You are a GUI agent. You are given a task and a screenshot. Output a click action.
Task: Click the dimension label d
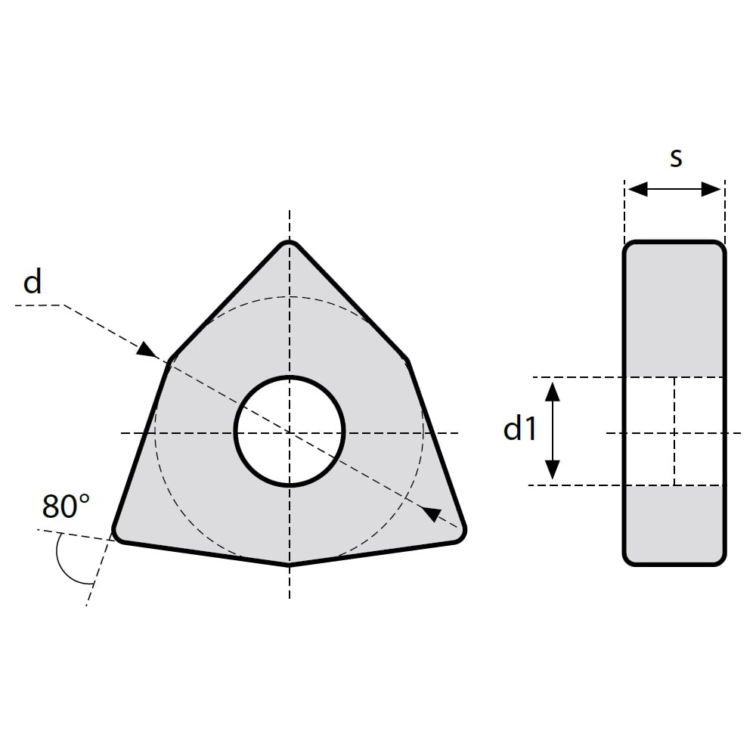33,282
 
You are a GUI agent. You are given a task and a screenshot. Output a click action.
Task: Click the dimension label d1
520,429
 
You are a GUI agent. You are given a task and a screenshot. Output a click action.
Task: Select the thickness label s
676,158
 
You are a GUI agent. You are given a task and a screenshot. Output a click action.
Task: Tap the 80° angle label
66,506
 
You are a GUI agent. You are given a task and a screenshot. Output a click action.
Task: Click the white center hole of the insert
290,431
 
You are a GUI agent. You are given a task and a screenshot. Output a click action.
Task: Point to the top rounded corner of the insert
289,243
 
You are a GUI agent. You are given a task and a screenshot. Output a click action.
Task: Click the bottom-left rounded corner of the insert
118,535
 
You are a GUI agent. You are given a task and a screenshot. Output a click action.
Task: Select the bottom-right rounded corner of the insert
460,535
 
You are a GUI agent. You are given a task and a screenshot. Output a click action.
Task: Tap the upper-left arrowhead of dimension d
147,349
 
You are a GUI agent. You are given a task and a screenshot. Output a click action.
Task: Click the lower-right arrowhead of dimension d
431,514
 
